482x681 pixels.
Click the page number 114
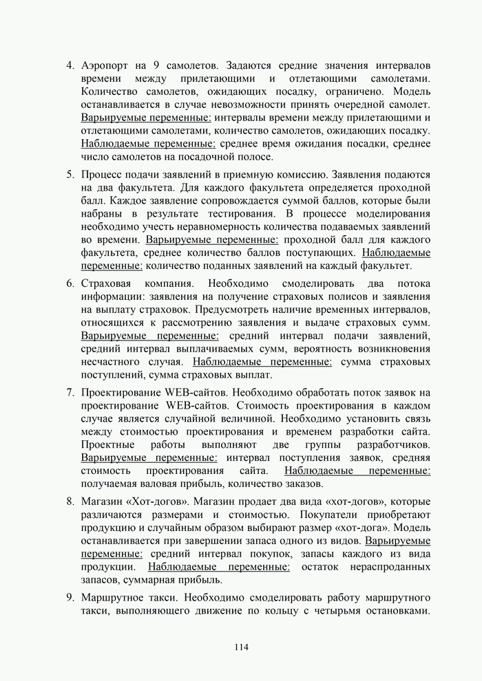pyautogui.click(x=240, y=647)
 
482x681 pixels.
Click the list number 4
pyautogui.click(x=70, y=66)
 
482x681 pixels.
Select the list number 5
pyautogui.click(x=70, y=175)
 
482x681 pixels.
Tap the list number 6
pyautogui.click(x=70, y=283)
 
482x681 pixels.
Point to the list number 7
pyautogui.click(x=70, y=393)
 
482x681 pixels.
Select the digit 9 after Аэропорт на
pyautogui.click(x=158, y=66)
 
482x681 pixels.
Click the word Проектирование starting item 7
pyautogui.click(x=121, y=393)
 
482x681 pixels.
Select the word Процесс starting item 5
pyautogui.click(x=101, y=175)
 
